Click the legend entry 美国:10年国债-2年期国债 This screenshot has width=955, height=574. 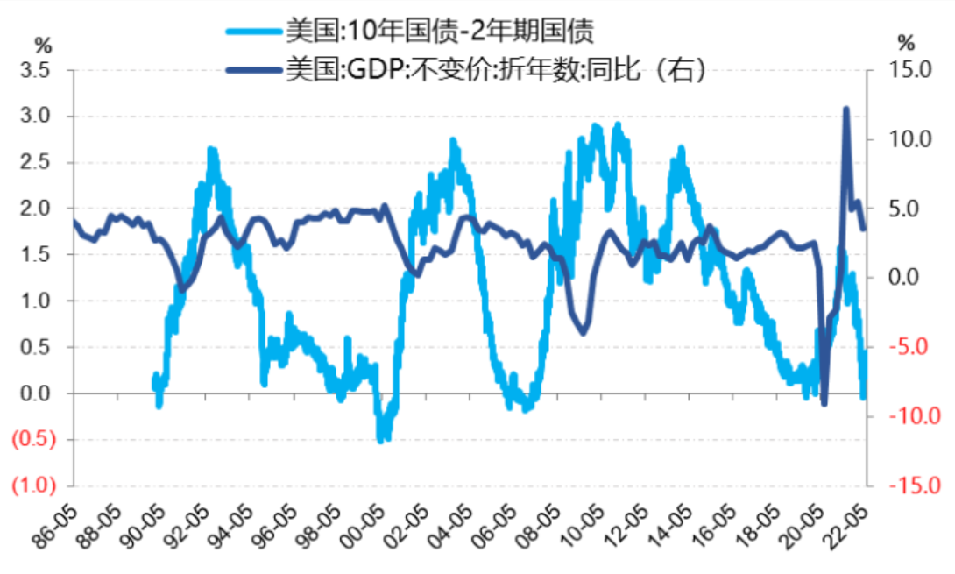(x=438, y=32)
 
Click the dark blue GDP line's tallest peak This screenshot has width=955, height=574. (x=846, y=109)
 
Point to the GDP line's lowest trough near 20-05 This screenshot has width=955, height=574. (x=824, y=403)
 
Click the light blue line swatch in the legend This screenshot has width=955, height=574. (x=254, y=32)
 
